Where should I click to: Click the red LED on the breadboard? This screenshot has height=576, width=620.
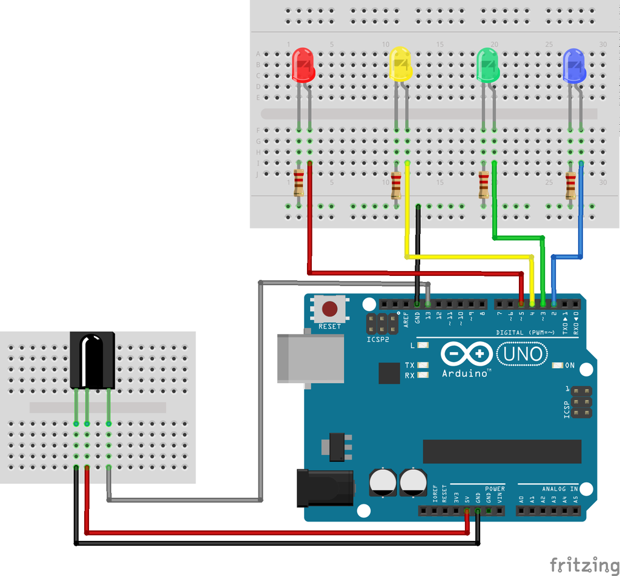[x=303, y=65]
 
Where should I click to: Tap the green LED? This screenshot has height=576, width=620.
[x=488, y=65]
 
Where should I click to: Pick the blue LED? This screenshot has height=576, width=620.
[x=575, y=66]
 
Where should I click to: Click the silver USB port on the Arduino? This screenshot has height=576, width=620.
[x=310, y=358]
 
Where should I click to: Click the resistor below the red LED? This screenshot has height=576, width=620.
[x=299, y=183]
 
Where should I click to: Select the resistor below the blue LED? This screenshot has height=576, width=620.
[x=570, y=186]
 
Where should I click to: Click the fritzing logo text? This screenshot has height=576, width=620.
[x=584, y=564]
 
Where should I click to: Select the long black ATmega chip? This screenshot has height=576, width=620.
[x=502, y=451]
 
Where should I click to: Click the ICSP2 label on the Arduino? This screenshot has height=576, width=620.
[x=378, y=340]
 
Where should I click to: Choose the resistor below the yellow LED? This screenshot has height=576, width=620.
[x=396, y=185]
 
